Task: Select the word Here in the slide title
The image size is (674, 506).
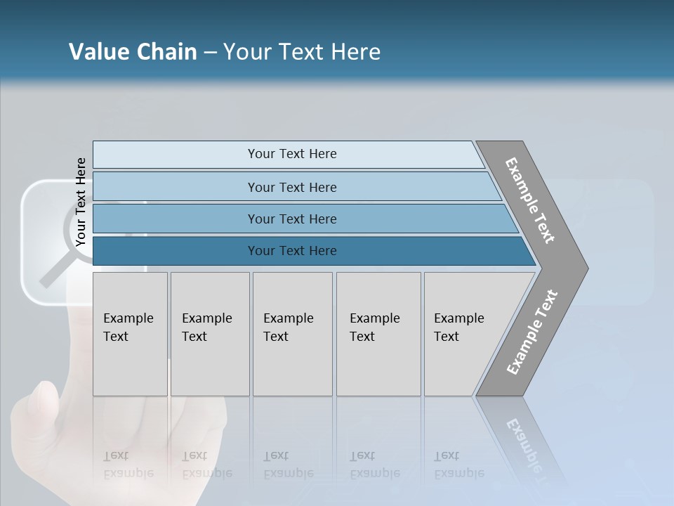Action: [355, 52]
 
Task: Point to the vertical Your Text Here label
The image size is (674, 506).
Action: [81, 202]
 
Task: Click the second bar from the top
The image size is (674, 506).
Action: [291, 187]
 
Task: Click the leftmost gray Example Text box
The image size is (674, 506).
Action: [130, 334]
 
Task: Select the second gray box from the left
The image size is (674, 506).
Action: [210, 334]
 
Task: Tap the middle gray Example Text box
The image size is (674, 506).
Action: [292, 334]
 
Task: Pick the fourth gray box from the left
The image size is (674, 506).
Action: [378, 334]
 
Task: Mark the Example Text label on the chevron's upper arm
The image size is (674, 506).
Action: [530, 200]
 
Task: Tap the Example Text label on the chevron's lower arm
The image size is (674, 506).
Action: [532, 332]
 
